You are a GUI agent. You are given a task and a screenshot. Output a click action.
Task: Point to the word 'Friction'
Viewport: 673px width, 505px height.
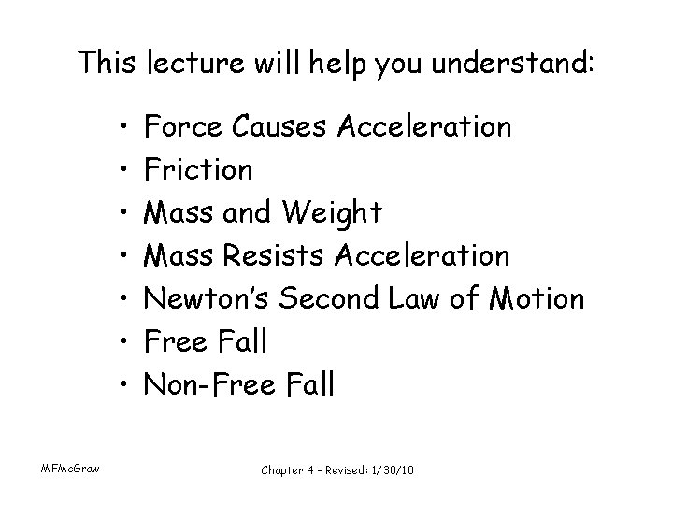(199, 169)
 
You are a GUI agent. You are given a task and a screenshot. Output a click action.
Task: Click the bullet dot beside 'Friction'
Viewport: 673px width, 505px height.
(124, 170)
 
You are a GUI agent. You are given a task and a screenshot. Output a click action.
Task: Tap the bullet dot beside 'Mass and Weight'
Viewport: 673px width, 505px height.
(124, 213)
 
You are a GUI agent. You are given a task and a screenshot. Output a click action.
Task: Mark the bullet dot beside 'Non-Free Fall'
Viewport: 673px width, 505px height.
(124, 385)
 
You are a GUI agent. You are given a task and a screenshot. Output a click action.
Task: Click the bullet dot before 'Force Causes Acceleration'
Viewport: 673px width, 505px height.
(124, 127)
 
